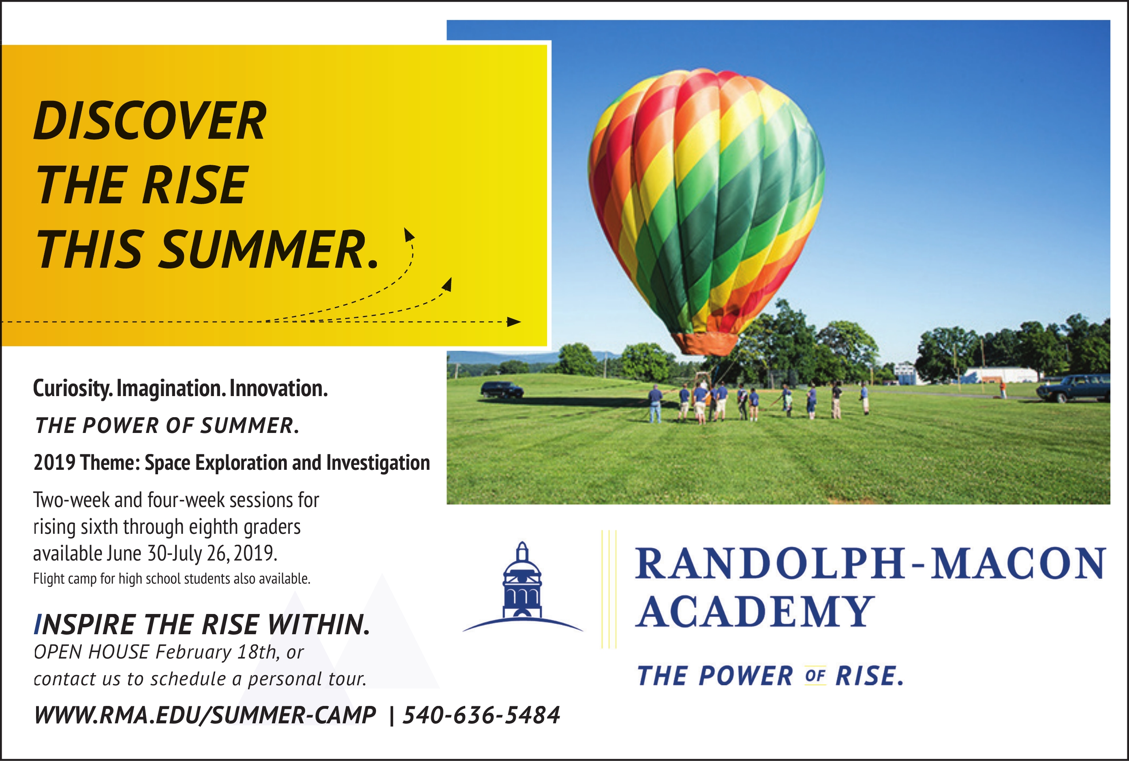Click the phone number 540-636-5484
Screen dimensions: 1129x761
coord(481,715)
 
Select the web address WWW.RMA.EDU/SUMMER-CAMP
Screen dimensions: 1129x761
coord(205,715)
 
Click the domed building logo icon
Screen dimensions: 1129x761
coord(522,587)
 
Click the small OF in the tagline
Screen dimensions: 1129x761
coord(815,676)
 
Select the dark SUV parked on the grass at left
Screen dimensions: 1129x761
coord(502,390)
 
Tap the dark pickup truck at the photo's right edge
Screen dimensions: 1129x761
coord(1075,387)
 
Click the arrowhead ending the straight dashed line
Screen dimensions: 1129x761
coord(514,322)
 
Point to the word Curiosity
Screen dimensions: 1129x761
coord(73,389)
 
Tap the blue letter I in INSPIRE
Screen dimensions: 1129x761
coord(37,625)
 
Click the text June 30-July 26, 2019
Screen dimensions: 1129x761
coord(192,553)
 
